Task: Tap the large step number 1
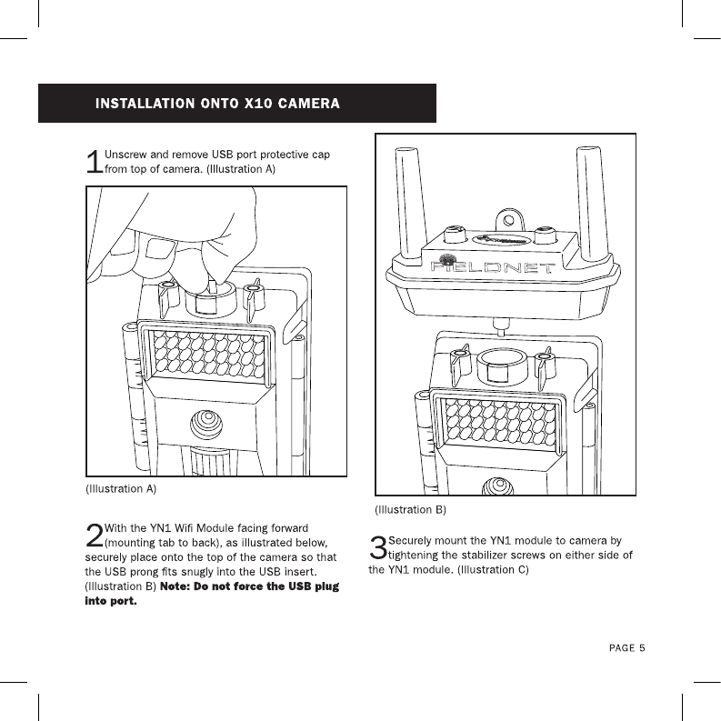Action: point(93,162)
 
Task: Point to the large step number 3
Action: point(378,548)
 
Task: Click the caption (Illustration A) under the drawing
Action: point(121,488)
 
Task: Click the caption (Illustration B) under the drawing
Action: point(411,509)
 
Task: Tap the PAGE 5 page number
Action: point(627,648)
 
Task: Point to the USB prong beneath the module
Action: point(498,322)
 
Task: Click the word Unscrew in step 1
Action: point(129,154)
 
